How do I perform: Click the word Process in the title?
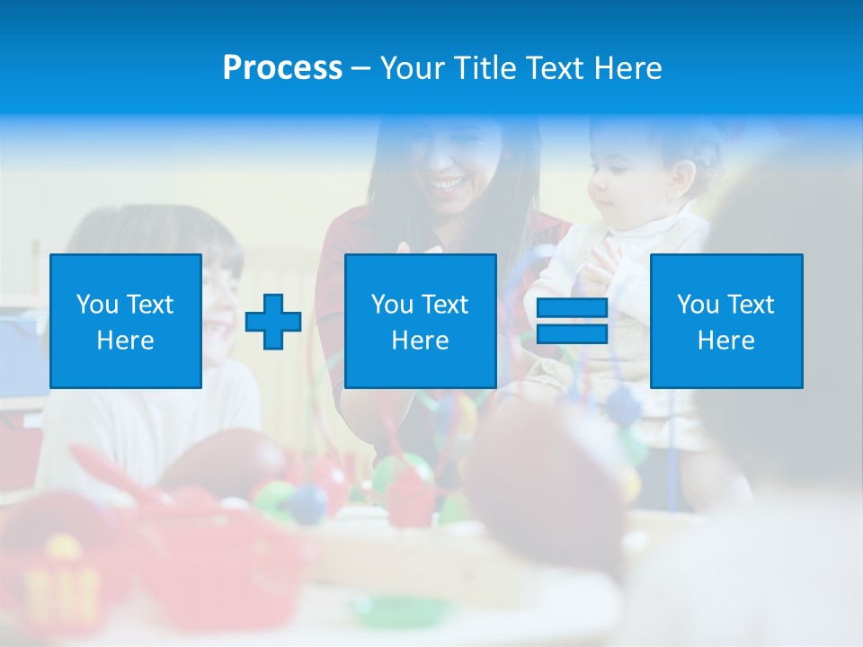pos(282,68)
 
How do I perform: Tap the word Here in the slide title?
pos(628,68)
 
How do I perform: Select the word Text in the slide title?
pos(556,68)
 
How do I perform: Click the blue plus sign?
pos(273,321)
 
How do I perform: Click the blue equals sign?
pos(572,321)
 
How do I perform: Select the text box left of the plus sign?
pos(125,321)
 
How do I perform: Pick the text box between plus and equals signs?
pos(420,321)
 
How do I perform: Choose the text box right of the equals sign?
pos(725,321)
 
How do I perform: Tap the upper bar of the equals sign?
pos(572,308)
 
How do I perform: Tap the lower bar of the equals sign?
pos(572,333)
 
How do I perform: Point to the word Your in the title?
pos(412,68)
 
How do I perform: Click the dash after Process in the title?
pos(360,69)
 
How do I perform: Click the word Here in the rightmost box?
pos(725,341)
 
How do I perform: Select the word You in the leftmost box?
pos(95,305)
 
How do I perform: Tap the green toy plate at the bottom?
pos(392,612)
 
